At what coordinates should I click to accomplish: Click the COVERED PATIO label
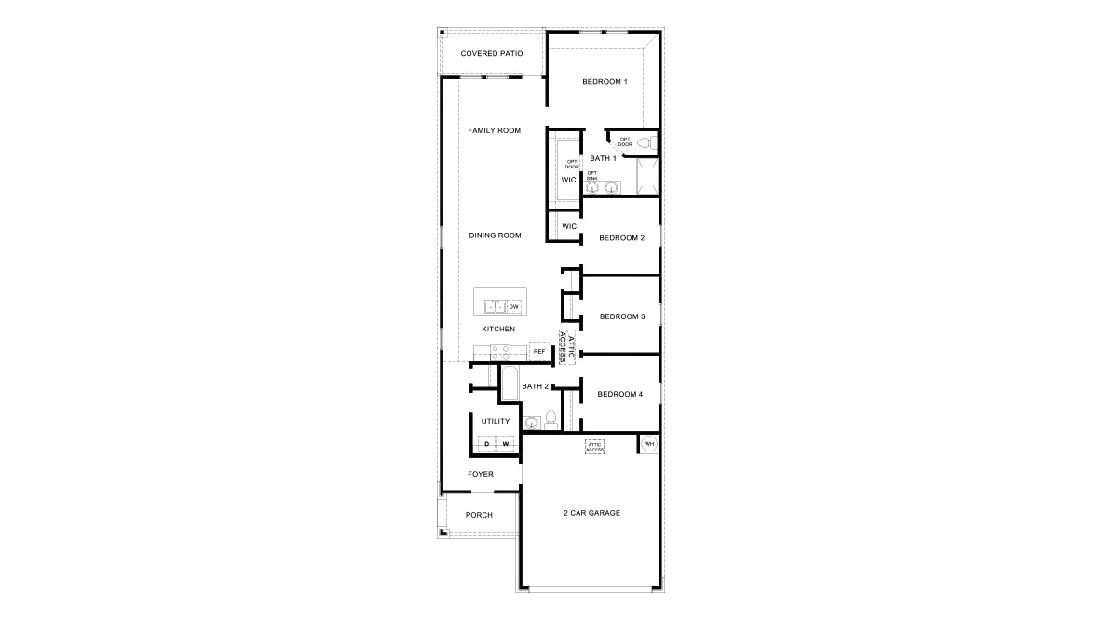[x=491, y=53]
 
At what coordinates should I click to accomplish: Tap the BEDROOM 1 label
[x=605, y=82]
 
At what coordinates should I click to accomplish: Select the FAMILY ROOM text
[x=494, y=130]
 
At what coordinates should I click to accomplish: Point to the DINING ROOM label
[x=495, y=235]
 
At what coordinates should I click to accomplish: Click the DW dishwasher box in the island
[x=513, y=306]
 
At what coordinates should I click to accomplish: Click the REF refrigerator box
[x=538, y=351]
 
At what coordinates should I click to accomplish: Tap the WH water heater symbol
[x=649, y=444]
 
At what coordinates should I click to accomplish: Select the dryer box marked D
[x=486, y=444]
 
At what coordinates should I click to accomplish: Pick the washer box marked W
[x=506, y=444]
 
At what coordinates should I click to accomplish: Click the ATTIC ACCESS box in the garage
[x=595, y=446]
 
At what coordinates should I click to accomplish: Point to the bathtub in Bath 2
[x=510, y=383]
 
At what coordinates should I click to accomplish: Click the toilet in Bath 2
[x=550, y=418]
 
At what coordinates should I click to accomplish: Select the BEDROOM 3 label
[x=621, y=316]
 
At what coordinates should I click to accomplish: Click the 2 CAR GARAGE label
[x=591, y=513]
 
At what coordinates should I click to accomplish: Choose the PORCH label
[x=479, y=515]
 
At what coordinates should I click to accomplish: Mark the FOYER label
[x=481, y=474]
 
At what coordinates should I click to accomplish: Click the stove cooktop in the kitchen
[x=497, y=353]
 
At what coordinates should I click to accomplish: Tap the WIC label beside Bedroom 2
[x=569, y=226]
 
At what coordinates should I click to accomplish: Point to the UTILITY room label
[x=495, y=422]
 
